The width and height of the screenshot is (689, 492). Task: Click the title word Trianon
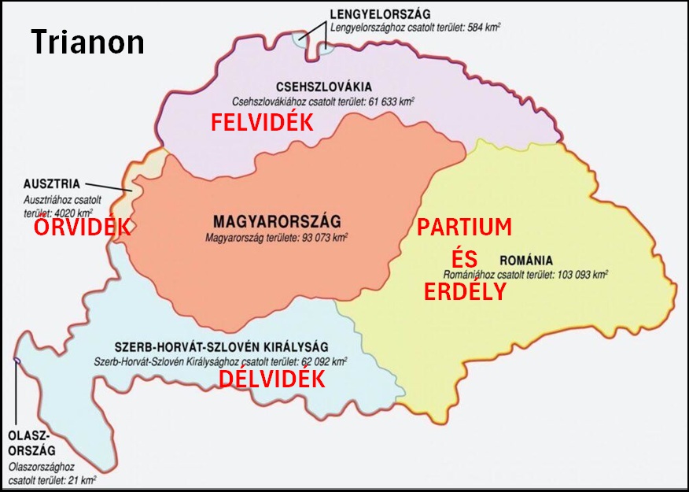(x=87, y=42)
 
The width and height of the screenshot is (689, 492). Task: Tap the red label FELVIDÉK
(x=262, y=122)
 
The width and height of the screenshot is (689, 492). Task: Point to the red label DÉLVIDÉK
(x=271, y=379)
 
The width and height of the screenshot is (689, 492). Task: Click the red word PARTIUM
(x=464, y=228)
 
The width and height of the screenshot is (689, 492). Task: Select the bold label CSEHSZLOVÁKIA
(x=324, y=87)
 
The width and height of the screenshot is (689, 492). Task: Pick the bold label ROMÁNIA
(x=526, y=261)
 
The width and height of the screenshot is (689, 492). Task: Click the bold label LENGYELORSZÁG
(x=381, y=13)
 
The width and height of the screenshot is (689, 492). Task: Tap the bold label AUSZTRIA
(x=50, y=183)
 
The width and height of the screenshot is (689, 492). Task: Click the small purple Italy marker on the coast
(x=16, y=361)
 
